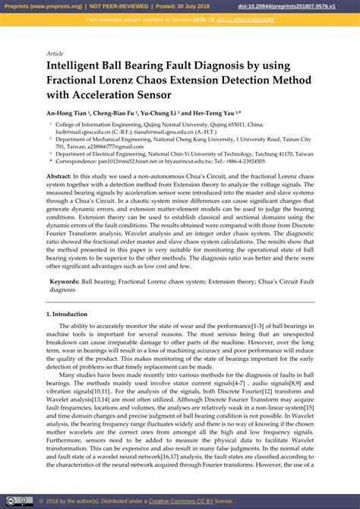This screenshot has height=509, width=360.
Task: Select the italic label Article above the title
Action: (55, 54)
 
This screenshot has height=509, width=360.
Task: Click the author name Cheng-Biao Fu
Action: (118, 112)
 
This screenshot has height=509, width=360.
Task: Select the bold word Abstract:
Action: (61, 176)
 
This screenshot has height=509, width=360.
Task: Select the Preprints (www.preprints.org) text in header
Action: (42, 5)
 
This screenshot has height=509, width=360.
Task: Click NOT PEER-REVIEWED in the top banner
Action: (122, 5)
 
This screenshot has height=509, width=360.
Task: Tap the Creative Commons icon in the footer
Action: (10, 501)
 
